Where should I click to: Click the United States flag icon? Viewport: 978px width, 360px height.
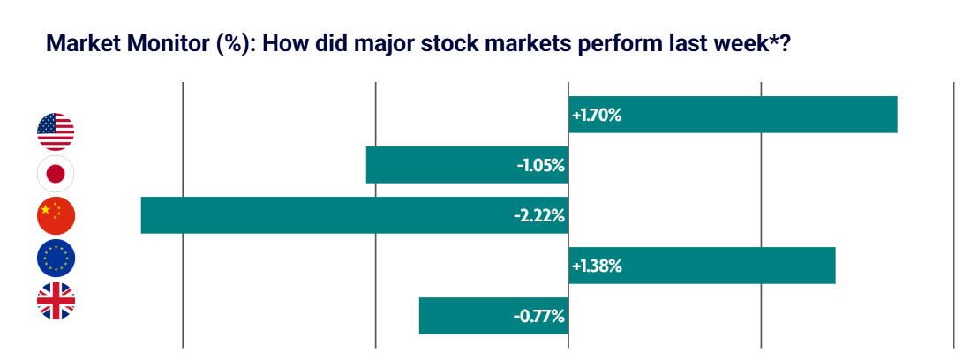56,131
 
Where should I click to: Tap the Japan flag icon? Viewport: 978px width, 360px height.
56,174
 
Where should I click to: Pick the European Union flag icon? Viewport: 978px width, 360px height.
56,259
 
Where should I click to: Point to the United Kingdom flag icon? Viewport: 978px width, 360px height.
56,301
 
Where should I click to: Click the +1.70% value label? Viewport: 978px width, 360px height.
597,115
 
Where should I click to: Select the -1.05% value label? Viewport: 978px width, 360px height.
540,165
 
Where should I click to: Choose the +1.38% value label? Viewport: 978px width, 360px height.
597,266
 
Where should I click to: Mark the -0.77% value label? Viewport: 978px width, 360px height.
540,316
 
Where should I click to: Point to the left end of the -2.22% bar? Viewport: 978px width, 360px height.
143,215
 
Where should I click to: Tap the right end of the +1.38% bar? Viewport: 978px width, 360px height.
833,266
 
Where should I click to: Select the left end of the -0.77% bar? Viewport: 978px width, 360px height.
421,316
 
